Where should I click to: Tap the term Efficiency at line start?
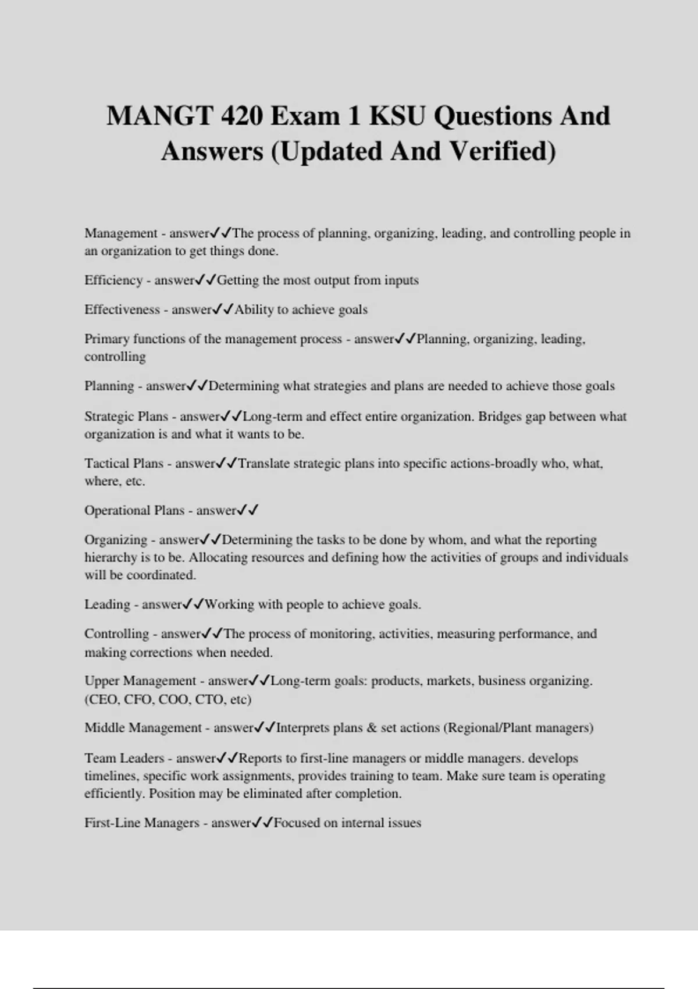(113, 280)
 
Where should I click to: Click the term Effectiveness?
(122, 309)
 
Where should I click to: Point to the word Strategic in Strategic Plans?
(108, 417)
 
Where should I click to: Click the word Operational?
(117, 511)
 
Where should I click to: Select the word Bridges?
(499, 417)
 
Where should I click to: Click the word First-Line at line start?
(113, 823)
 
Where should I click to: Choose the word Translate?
(266, 464)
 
